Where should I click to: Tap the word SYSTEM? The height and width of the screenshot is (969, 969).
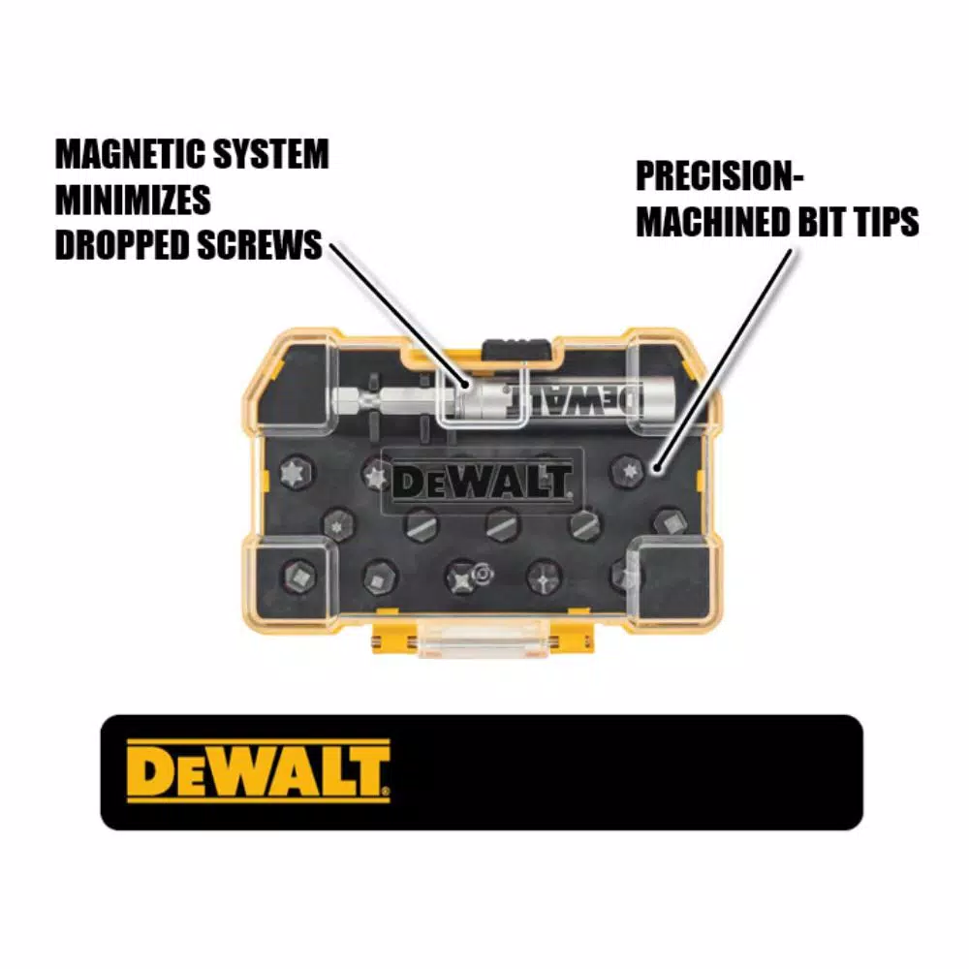[270, 154]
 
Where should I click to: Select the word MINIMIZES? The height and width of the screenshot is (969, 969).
[133, 200]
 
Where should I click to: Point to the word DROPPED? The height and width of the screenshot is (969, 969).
[121, 245]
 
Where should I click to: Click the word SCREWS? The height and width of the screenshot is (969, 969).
[260, 245]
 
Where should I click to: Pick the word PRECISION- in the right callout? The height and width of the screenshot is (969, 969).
[719, 176]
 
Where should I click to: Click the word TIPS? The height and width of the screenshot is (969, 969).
[888, 222]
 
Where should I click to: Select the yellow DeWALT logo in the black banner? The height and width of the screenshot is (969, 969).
[259, 771]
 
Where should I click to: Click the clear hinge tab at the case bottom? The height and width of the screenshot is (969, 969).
[483, 639]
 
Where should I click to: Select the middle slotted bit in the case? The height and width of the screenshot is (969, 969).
[501, 524]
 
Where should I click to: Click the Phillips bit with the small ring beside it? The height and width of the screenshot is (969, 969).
[462, 578]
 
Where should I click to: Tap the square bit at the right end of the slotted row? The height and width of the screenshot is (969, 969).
[672, 524]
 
